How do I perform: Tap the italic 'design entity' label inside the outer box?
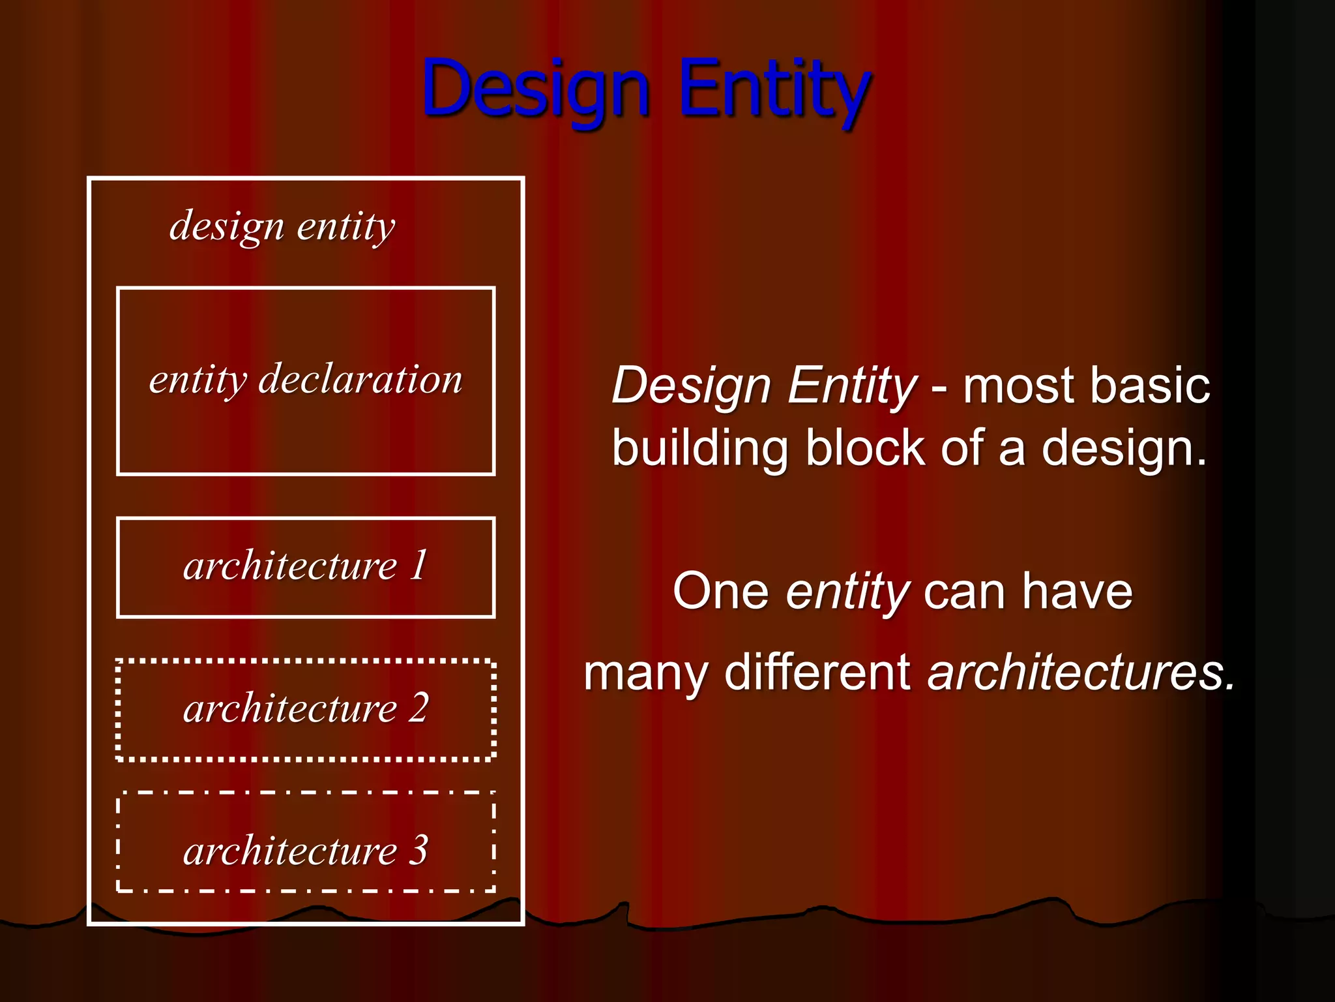(282, 226)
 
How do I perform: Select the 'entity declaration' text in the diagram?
(306, 379)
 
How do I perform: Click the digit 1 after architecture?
(418, 565)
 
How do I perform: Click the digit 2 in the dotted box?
(418, 708)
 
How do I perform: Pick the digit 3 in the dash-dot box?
(418, 851)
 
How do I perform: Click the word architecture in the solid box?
(290, 566)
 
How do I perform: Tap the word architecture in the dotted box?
(290, 708)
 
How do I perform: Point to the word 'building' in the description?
(701, 449)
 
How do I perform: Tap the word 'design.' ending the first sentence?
(1124, 449)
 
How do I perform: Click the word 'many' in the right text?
(645, 673)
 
